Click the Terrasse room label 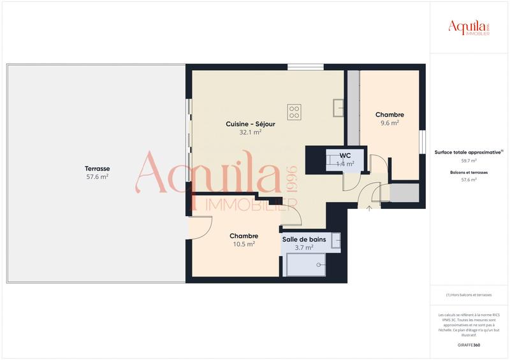click(97, 168)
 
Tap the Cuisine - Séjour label click(251, 124)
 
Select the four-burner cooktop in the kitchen click(294, 112)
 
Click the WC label click(345, 155)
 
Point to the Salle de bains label click(304, 240)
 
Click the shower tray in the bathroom click(304, 264)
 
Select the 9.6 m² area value click(390, 124)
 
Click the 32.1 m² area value click(251, 133)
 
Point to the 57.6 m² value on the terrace click(97, 177)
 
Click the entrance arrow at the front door click(370, 208)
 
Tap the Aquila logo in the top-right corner click(469, 27)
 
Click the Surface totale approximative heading click(469, 152)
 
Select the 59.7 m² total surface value click(469, 161)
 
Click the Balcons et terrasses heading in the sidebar click(469, 172)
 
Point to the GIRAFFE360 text click(469, 345)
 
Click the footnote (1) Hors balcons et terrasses click(469, 295)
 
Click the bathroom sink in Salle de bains click(336, 240)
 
